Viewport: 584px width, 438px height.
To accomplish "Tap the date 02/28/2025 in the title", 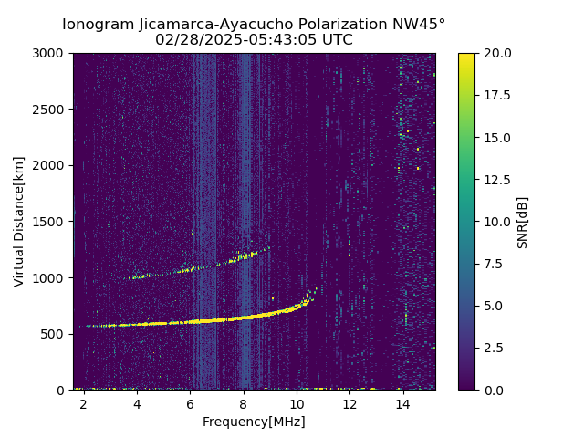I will pos(193,40).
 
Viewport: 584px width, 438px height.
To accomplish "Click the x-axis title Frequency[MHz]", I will pos(254,422).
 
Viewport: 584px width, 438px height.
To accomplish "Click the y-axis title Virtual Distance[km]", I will pos(19,221).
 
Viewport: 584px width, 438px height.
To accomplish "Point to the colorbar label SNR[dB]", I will pos(523,222).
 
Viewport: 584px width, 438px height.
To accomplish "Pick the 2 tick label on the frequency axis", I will pos(84,403).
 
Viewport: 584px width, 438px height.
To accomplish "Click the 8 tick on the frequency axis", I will pos(244,403).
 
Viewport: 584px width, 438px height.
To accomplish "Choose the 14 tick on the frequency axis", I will pos(403,403).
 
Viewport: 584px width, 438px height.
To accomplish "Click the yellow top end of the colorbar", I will pos(466,57).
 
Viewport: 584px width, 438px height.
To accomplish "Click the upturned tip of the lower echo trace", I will pos(316,289).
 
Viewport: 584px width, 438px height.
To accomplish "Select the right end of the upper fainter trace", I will pos(267,247).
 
